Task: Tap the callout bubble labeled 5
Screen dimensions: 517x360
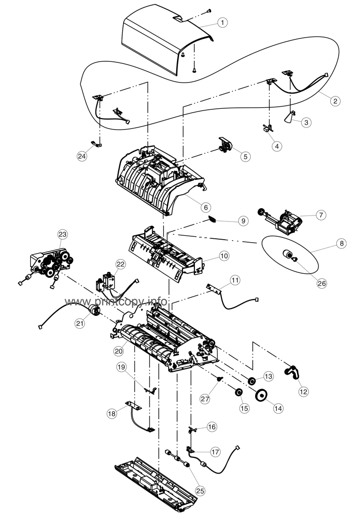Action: tap(245, 156)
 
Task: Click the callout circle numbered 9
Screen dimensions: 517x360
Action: tap(242, 221)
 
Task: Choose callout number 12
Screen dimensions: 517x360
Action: tap(303, 391)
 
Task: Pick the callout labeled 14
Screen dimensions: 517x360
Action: tap(278, 408)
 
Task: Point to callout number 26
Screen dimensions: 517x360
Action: tap(322, 283)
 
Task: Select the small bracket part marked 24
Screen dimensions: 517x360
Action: tap(95, 144)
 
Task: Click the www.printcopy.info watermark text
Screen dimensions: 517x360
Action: tap(116, 302)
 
